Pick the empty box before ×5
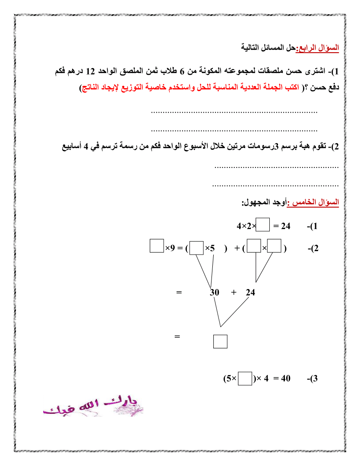click(x=196, y=248)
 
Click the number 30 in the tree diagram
click(x=215, y=293)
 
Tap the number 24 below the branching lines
click(x=250, y=293)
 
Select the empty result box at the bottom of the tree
click(x=220, y=341)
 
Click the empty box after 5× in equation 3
click(x=245, y=379)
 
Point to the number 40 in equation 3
click(x=285, y=379)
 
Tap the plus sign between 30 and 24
click(x=234, y=292)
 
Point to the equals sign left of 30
click(x=179, y=292)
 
